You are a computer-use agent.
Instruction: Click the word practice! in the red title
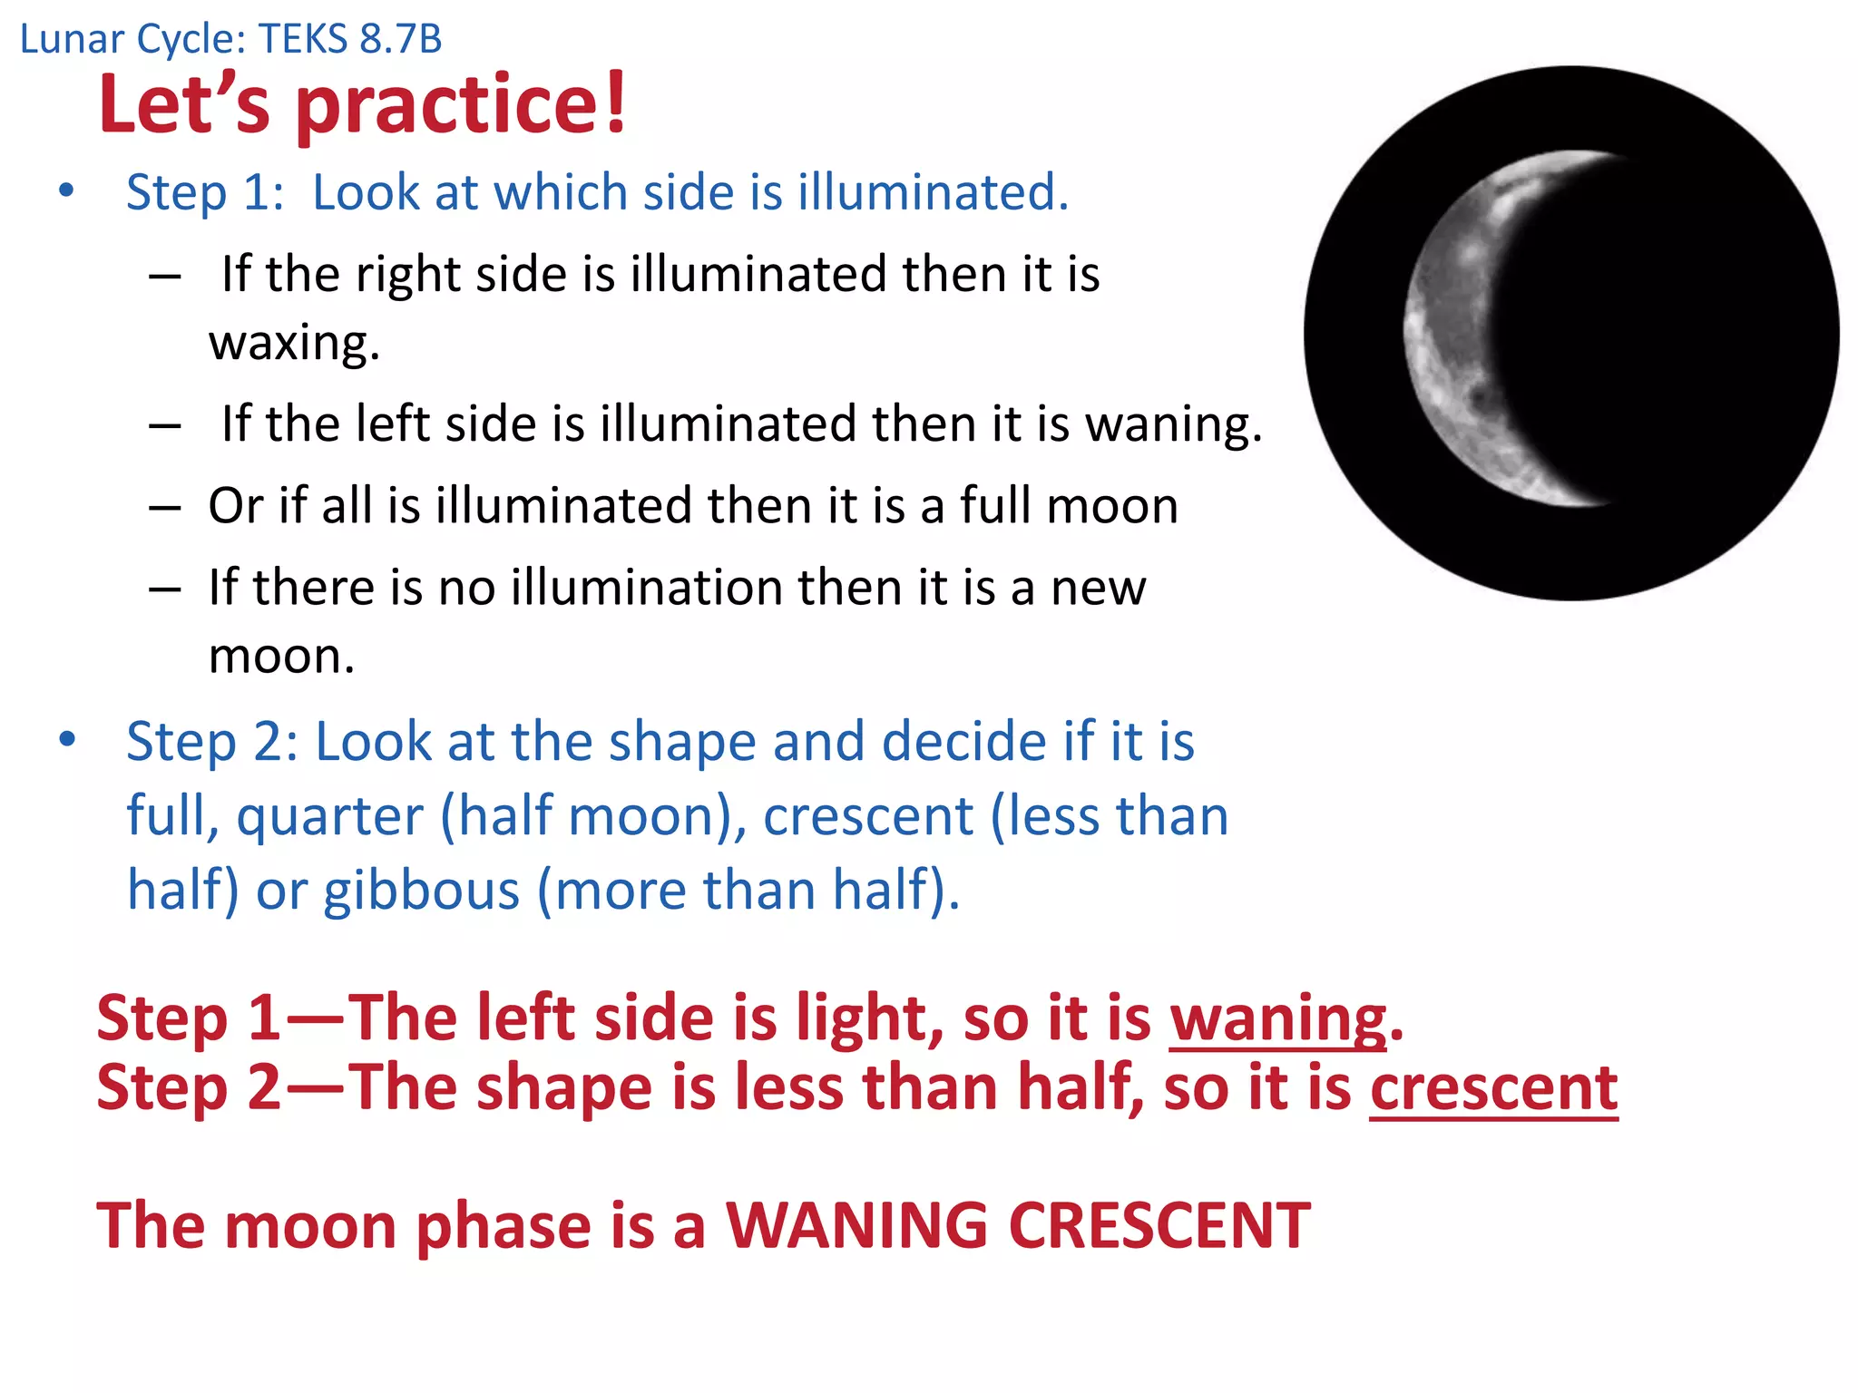point(462,105)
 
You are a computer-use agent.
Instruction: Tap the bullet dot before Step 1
point(66,191)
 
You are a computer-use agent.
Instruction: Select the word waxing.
point(294,343)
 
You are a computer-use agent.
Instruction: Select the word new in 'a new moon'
point(1098,587)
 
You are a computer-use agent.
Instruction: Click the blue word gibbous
point(422,890)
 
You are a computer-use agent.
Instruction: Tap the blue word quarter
point(330,815)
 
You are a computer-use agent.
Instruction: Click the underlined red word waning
point(1277,1018)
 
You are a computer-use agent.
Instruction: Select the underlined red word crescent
point(1493,1086)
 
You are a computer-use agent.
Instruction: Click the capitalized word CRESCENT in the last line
point(1159,1225)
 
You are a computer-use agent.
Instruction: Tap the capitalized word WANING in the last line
point(856,1225)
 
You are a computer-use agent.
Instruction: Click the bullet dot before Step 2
point(66,740)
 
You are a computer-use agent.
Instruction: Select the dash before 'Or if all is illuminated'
point(165,507)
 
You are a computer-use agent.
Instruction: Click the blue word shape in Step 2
point(682,741)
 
